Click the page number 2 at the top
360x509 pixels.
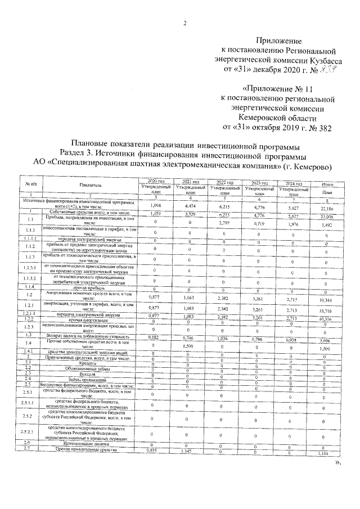pos(184,22)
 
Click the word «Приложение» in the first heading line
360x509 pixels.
pos(279,41)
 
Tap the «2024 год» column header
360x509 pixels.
pos(294,183)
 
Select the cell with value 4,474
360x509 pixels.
pos(190,206)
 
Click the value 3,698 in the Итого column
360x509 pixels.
pos(327,341)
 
